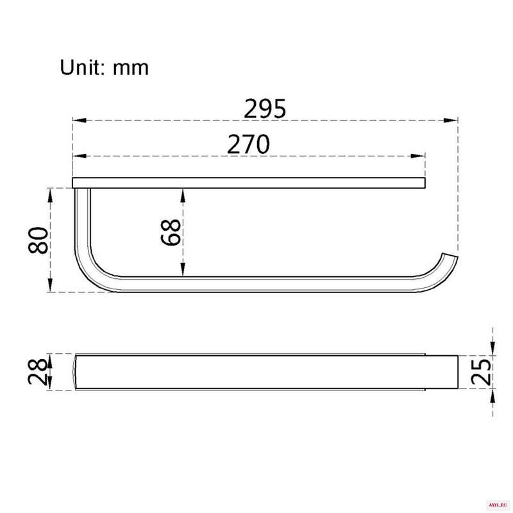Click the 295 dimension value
pyautogui.click(x=265, y=108)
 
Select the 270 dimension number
pyautogui.click(x=249, y=144)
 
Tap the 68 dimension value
pyautogui.click(x=171, y=232)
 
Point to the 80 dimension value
pyautogui.click(x=38, y=240)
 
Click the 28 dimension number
pyautogui.click(x=38, y=371)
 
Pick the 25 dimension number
pyautogui.click(x=481, y=372)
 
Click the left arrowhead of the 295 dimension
pyautogui.click(x=80, y=121)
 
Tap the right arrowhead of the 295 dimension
pyautogui.click(x=451, y=121)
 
